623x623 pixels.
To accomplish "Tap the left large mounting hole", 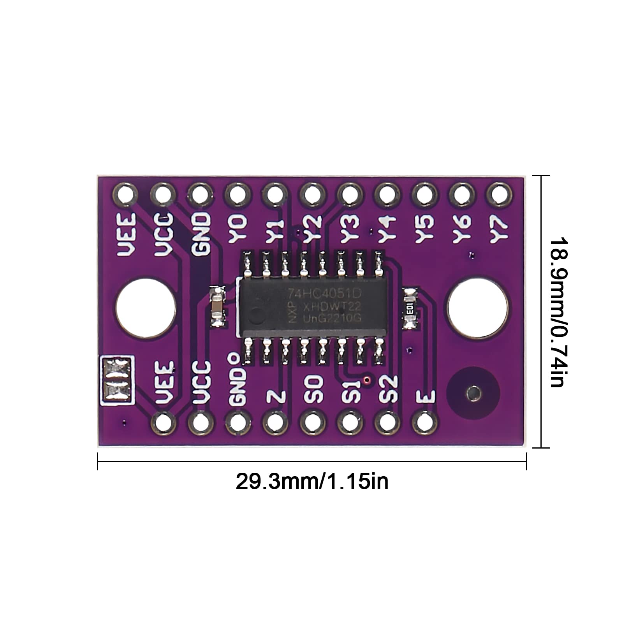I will coord(146,307).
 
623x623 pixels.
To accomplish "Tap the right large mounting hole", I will coord(478,307).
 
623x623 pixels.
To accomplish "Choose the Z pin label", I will coord(276,397).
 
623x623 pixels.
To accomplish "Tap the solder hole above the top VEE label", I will coord(125,194).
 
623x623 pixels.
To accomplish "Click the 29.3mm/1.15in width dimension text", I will coord(312,482).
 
